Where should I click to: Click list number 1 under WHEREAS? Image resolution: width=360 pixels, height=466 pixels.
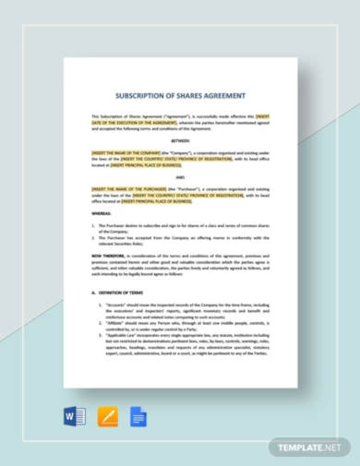click(x=93, y=224)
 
